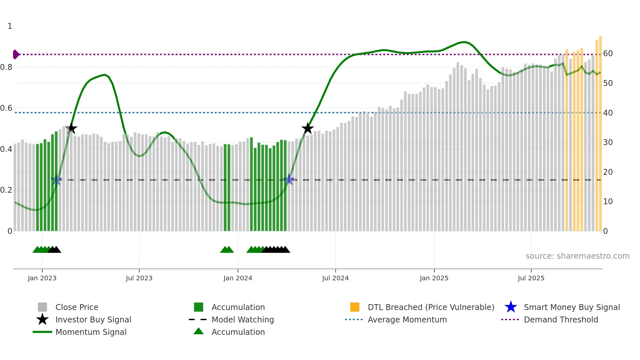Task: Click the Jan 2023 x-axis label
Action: point(42,278)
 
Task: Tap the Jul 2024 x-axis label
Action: point(335,278)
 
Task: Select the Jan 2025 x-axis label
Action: point(434,278)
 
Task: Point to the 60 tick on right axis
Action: point(608,54)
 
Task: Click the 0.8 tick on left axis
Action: point(6,67)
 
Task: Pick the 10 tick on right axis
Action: point(608,202)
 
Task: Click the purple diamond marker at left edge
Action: point(16,54)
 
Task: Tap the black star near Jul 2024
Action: point(307,129)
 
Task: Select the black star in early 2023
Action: point(71,129)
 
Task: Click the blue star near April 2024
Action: point(289,180)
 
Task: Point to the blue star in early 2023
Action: point(56,180)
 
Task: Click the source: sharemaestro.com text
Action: point(577,256)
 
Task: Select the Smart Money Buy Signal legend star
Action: point(511,307)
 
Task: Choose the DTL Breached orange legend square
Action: point(355,307)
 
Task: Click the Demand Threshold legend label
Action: point(561,319)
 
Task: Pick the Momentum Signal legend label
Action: point(91,332)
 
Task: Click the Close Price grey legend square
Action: point(42,307)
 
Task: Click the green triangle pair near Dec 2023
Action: point(227,250)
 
